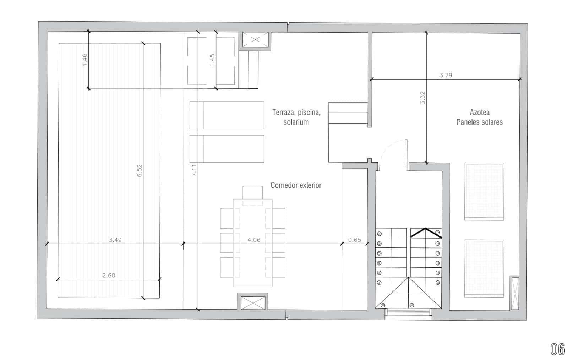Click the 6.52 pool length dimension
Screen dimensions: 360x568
[x=140, y=171]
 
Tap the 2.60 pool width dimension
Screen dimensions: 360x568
[x=109, y=275]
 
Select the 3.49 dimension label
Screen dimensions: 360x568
[x=115, y=240]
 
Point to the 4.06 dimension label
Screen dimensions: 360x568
[x=254, y=240]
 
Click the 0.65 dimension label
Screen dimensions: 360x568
[x=354, y=240]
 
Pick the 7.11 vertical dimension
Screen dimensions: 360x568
[x=194, y=170]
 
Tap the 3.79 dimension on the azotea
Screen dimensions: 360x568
[x=446, y=75]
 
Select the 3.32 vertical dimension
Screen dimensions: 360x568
[x=422, y=98]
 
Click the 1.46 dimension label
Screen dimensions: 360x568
[x=84, y=60]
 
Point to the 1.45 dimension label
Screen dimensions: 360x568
[x=212, y=60]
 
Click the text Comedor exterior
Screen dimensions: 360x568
[x=296, y=185]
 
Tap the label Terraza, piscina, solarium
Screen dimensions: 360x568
[x=296, y=117]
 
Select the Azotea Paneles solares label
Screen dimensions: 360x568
[x=479, y=117]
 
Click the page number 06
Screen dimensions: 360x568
[x=557, y=349]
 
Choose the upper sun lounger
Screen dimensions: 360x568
[x=226, y=115]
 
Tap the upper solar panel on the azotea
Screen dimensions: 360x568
[x=484, y=191]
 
